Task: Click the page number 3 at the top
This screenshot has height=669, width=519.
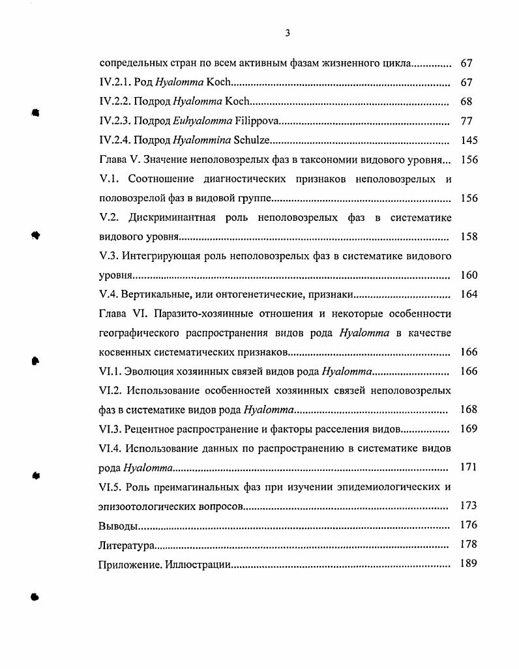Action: click(x=288, y=34)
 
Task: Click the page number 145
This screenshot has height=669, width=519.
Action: click(x=469, y=141)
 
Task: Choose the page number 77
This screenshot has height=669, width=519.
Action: click(x=466, y=121)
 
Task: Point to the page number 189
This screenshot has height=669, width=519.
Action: click(x=469, y=563)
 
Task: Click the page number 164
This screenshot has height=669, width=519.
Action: click(x=469, y=294)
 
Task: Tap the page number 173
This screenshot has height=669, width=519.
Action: click(x=469, y=505)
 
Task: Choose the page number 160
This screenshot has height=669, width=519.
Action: click(x=469, y=275)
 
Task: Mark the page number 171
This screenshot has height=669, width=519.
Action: click(x=469, y=467)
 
